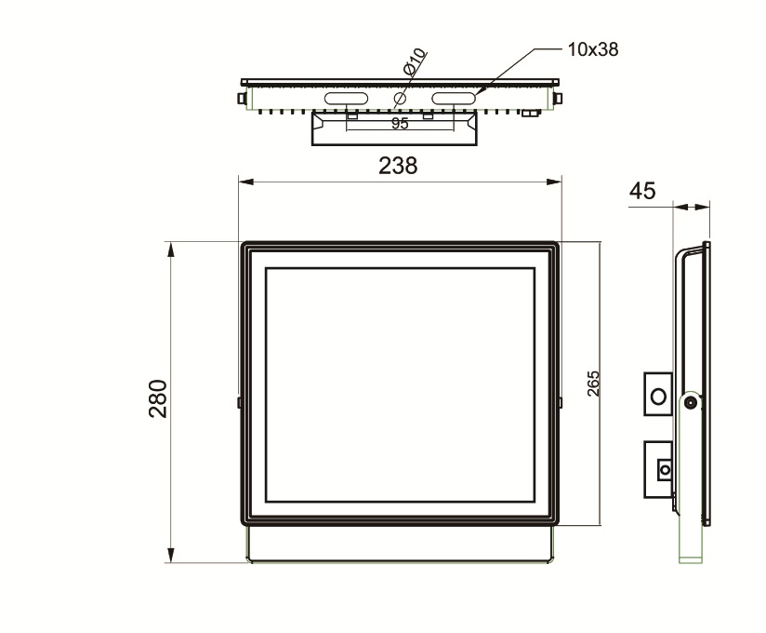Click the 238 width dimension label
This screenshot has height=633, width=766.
tap(398, 166)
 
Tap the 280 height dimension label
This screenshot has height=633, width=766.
tap(158, 398)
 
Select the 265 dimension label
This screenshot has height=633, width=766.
tap(593, 384)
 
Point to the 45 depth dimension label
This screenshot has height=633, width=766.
tap(642, 191)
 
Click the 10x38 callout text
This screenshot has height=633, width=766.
tap(592, 49)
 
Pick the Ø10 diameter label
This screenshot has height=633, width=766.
tap(416, 61)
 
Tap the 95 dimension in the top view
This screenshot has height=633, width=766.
tap(400, 124)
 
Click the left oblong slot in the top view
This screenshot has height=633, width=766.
tap(346, 99)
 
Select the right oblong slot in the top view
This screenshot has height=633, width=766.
tap(454, 99)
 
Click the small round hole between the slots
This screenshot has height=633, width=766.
tap(400, 99)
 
